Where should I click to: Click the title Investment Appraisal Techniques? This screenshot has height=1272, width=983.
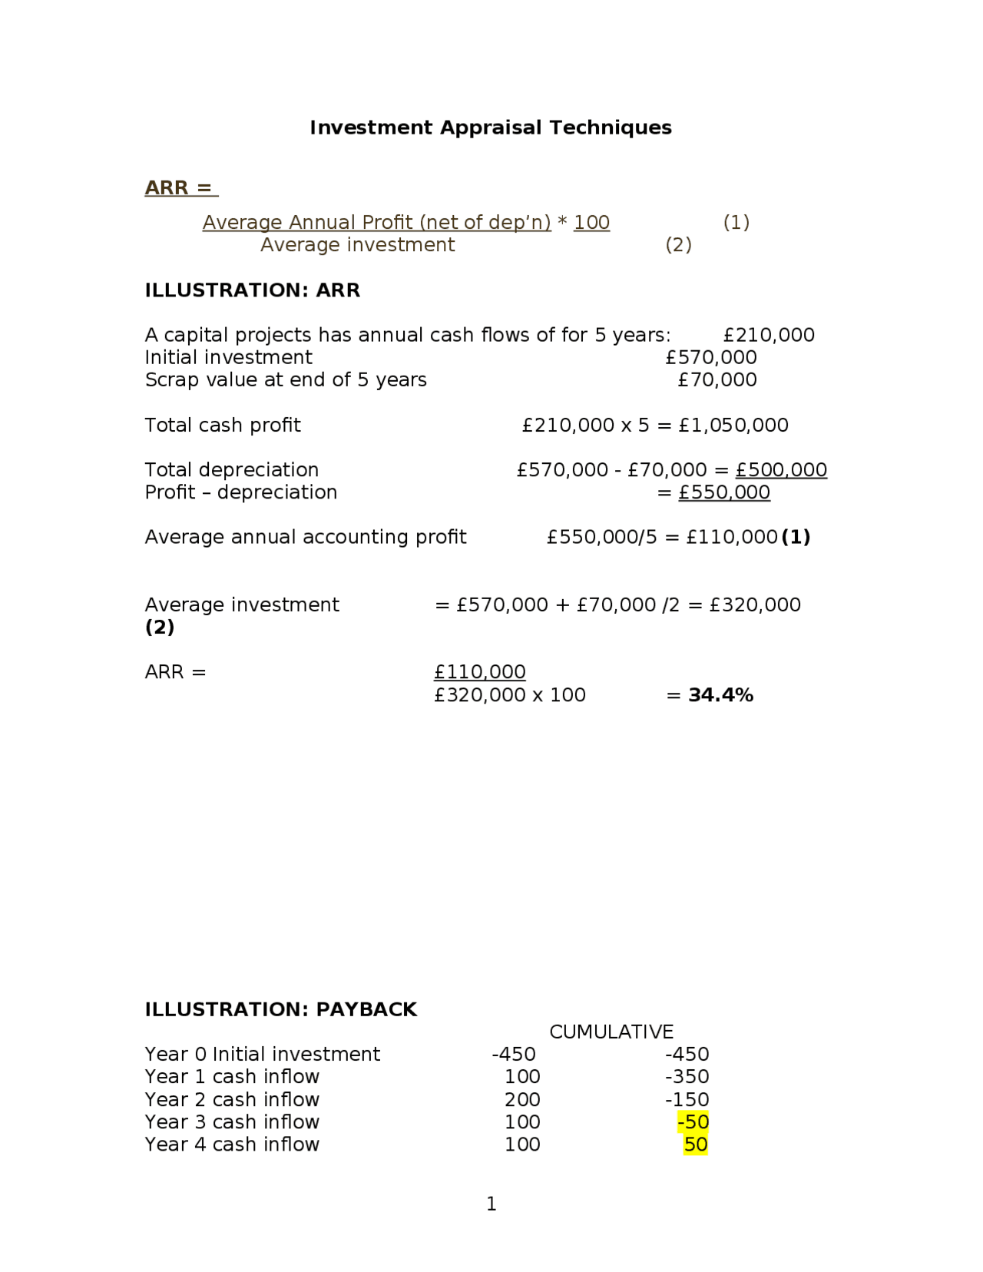tap(490, 128)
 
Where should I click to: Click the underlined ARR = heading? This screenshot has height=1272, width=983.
tap(180, 187)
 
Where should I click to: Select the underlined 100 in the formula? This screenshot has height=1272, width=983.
tap(591, 223)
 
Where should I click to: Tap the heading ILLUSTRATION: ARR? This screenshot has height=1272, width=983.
tap(252, 290)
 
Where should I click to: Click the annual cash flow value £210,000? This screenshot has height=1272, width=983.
tap(769, 335)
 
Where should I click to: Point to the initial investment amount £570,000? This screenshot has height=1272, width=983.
tap(710, 357)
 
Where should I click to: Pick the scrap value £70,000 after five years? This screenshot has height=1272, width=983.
tap(717, 379)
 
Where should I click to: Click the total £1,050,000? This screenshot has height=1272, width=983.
tap(733, 425)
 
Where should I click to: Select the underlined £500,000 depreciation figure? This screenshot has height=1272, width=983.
tap(781, 470)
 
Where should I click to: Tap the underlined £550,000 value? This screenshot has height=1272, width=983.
tap(723, 492)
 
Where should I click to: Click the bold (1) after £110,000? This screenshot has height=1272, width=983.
tap(796, 537)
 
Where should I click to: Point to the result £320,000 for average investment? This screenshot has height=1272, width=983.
tap(755, 605)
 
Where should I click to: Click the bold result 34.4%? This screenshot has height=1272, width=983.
tap(720, 695)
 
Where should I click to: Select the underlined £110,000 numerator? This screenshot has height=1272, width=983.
tap(479, 672)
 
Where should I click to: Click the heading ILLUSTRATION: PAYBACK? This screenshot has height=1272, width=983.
tap(280, 1009)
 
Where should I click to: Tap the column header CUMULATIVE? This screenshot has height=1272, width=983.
tap(611, 1032)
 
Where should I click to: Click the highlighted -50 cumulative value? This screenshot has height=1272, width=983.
tap(693, 1122)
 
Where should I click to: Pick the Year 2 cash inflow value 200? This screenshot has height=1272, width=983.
tap(522, 1100)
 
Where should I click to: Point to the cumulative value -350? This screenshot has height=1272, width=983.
tap(687, 1077)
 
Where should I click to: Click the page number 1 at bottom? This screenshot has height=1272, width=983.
tap(491, 1204)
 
